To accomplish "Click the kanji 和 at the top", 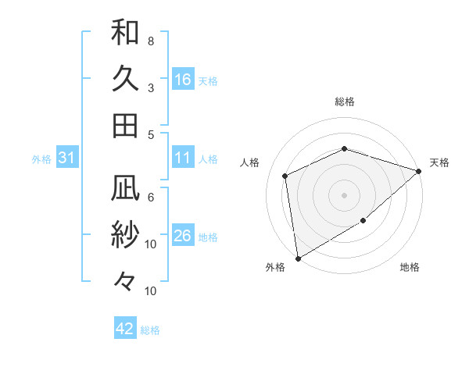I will coord(125,32).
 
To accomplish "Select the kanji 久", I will coord(125,78).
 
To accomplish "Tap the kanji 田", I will coord(125,125).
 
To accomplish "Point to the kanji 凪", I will coord(125,187).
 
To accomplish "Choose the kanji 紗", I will coord(125,234).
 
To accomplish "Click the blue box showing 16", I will coord(183,79).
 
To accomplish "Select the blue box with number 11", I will coord(183,159).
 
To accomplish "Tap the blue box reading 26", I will coord(183,237).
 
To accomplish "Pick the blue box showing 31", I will coord(67,159).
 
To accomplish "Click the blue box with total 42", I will coord(125,329).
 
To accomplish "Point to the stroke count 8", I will coord(151,41).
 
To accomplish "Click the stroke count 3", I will coord(151,87).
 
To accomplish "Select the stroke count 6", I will coord(151,197).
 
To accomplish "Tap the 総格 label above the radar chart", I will coord(345,102).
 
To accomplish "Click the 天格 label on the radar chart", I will coord(440,162).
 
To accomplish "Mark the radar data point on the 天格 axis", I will coord(419,172).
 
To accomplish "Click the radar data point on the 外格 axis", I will coord(298,258).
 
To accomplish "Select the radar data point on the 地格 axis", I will coord(363,221).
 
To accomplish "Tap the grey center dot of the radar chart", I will coord(345,194).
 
